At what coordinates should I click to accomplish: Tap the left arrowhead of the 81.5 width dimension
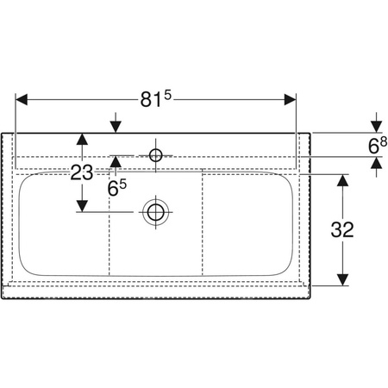click(22, 99)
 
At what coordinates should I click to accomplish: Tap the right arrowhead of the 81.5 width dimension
click(290, 99)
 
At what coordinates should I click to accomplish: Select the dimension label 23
click(82, 172)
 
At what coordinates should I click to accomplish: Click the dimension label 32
click(342, 229)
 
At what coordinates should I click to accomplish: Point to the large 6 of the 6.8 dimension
click(373, 147)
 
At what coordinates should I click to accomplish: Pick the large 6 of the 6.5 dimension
click(113, 189)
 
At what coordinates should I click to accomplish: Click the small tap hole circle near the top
click(156, 155)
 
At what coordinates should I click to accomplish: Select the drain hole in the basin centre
click(156, 212)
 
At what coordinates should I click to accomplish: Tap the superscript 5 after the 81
click(167, 95)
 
